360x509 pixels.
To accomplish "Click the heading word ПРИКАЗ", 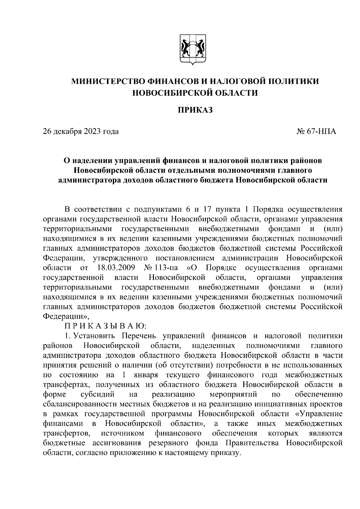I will [195, 110].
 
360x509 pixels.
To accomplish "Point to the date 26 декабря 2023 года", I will [81, 131].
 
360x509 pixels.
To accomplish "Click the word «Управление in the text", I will [319, 414].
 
